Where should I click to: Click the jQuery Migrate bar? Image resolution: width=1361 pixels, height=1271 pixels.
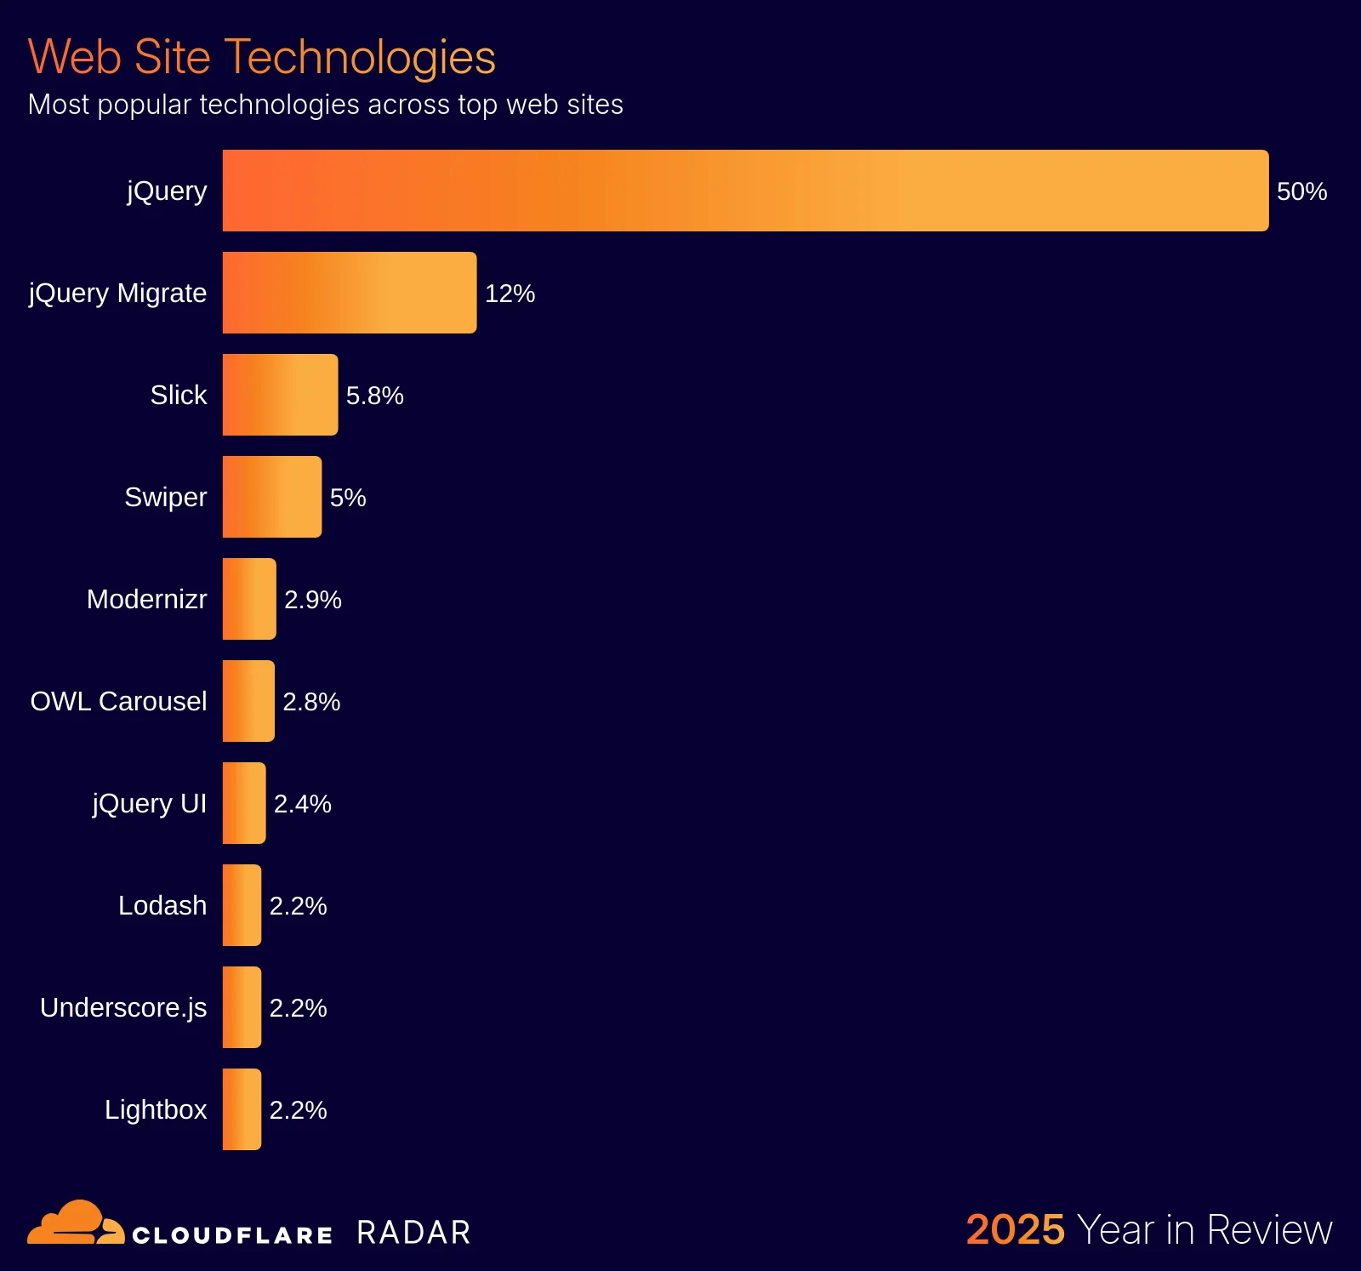point(349,293)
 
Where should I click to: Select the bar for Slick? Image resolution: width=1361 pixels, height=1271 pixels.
point(280,395)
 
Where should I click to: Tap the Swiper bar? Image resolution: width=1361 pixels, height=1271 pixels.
point(272,497)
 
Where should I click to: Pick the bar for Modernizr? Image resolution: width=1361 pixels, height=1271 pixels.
point(249,599)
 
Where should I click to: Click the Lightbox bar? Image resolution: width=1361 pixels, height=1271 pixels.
point(242,1109)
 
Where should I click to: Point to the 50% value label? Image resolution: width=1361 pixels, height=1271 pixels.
point(1301,191)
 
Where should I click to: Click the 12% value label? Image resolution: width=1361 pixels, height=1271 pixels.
point(510,294)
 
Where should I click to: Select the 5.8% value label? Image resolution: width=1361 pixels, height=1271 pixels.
point(374,396)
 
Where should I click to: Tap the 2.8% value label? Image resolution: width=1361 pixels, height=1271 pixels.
point(311,702)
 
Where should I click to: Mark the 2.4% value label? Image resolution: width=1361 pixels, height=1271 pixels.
point(302,804)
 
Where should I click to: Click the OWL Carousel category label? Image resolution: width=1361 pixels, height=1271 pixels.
point(118,701)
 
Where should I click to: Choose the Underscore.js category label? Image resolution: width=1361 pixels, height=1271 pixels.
point(123,1007)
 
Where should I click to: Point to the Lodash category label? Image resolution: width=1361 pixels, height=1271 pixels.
point(162,905)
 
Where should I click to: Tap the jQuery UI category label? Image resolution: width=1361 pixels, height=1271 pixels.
point(150,803)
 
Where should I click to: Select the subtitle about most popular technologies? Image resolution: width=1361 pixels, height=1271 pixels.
point(325,105)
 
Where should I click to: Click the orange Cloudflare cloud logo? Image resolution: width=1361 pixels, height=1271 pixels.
point(75,1223)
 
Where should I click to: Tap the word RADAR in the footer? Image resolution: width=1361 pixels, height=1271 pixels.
point(413,1233)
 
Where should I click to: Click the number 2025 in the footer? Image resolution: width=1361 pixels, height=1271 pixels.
point(1015,1229)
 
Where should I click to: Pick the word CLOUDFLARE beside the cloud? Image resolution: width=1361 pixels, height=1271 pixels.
point(232,1235)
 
